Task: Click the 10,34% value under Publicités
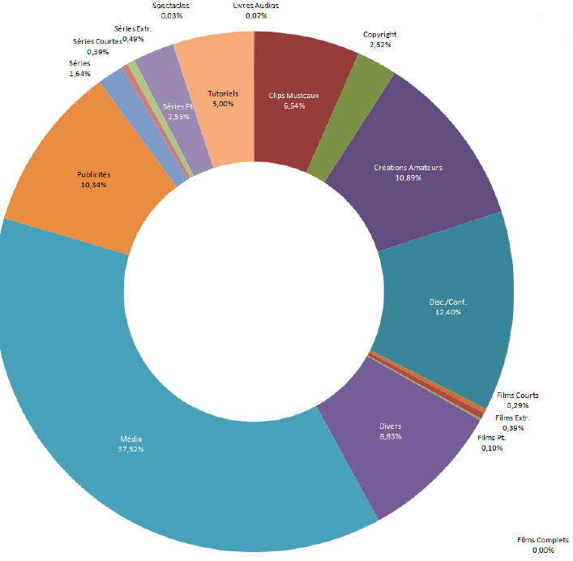93,185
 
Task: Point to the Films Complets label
543,540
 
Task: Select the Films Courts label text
518,396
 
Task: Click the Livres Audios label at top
255,6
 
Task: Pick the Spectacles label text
171,6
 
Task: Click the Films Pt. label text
492,438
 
